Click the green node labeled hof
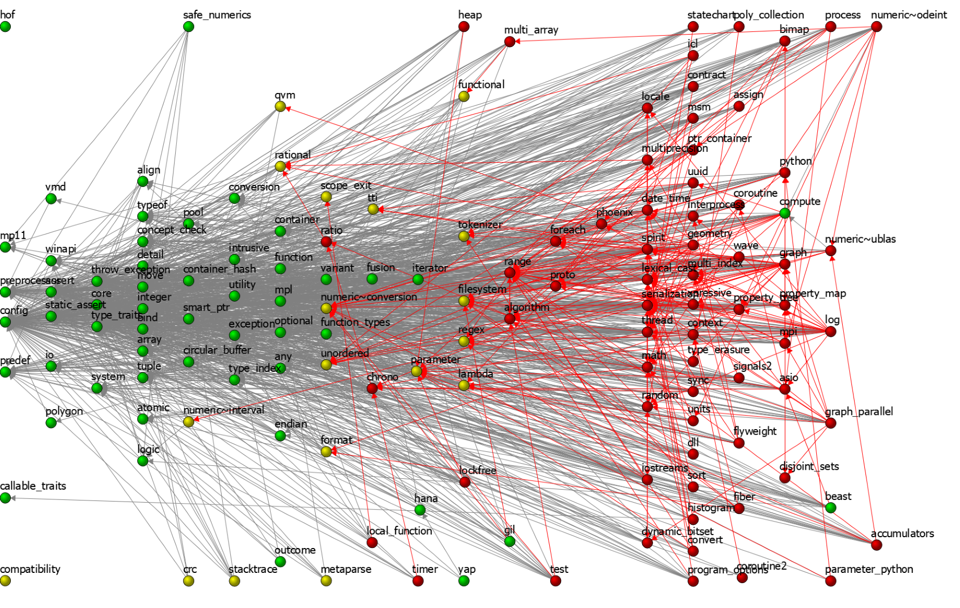pyautogui.click(x=5, y=26)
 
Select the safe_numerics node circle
pyautogui.click(x=189, y=26)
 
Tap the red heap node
pyautogui.click(x=464, y=26)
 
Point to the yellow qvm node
pyautogui.click(x=280, y=106)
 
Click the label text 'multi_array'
pyautogui.click(x=531, y=30)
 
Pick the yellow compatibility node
pyautogui.click(x=5, y=581)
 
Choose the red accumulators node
pyautogui.click(x=877, y=545)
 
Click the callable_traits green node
pyautogui.click(x=5, y=498)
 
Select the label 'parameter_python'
pyautogui.click(x=869, y=569)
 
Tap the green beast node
pyautogui.click(x=831, y=507)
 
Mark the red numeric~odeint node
pyautogui.click(x=877, y=26)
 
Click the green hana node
pyautogui.click(x=420, y=510)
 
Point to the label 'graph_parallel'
pyautogui.click(x=858, y=411)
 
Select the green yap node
pyautogui.click(x=464, y=581)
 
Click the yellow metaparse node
pyautogui.click(x=326, y=581)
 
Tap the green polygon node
pyautogui.click(x=51, y=423)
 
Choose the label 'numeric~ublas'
pyautogui.click(x=860, y=239)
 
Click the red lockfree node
pyautogui.click(x=465, y=482)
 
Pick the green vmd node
pyautogui.click(x=51, y=199)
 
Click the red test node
pyautogui.click(x=556, y=581)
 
